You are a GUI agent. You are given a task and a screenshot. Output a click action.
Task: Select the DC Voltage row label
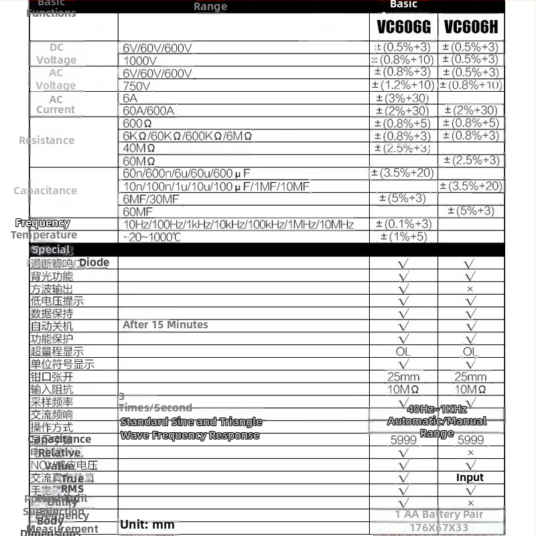56,54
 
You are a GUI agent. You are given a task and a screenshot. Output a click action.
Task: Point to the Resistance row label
46,140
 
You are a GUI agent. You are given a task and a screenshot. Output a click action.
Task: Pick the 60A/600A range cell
148,111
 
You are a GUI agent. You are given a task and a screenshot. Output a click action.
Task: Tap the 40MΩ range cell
139,148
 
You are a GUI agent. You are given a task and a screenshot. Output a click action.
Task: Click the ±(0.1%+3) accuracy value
403,224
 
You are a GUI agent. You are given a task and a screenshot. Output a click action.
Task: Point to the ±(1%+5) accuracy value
403,237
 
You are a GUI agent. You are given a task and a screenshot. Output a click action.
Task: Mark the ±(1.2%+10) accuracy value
403,85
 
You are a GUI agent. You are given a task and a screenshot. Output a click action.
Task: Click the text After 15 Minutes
165,325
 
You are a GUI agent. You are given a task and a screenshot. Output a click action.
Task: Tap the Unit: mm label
147,525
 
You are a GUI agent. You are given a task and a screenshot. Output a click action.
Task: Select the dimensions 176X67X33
438,528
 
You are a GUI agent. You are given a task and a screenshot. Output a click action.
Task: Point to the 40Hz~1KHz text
437,409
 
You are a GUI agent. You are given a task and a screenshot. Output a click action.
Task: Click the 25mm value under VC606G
403,377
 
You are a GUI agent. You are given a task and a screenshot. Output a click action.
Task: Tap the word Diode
94,263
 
